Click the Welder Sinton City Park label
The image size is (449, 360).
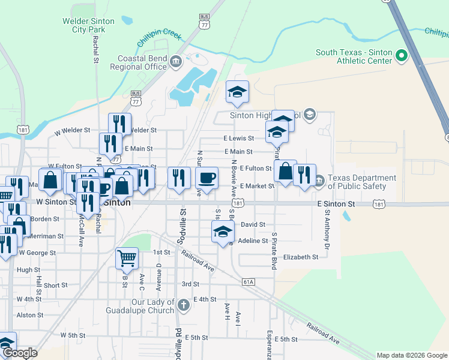point(88,25)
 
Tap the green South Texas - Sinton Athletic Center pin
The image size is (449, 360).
point(402,57)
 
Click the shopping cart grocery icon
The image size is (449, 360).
point(127,259)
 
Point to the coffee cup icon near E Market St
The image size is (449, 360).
point(206,178)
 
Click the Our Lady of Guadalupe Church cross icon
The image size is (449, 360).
point(183,305)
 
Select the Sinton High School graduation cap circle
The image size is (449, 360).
point(309,114)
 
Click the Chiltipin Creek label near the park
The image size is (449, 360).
point(160,37)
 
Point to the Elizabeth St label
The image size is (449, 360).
point(301,257)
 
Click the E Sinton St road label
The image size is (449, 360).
point(337,204)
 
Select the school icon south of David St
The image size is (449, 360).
point(223,232)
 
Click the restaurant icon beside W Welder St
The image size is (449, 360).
point(119,124)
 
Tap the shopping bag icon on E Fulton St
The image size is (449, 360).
point(285,171)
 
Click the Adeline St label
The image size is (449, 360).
point(253,241)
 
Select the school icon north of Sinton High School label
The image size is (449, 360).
point(237,92)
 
